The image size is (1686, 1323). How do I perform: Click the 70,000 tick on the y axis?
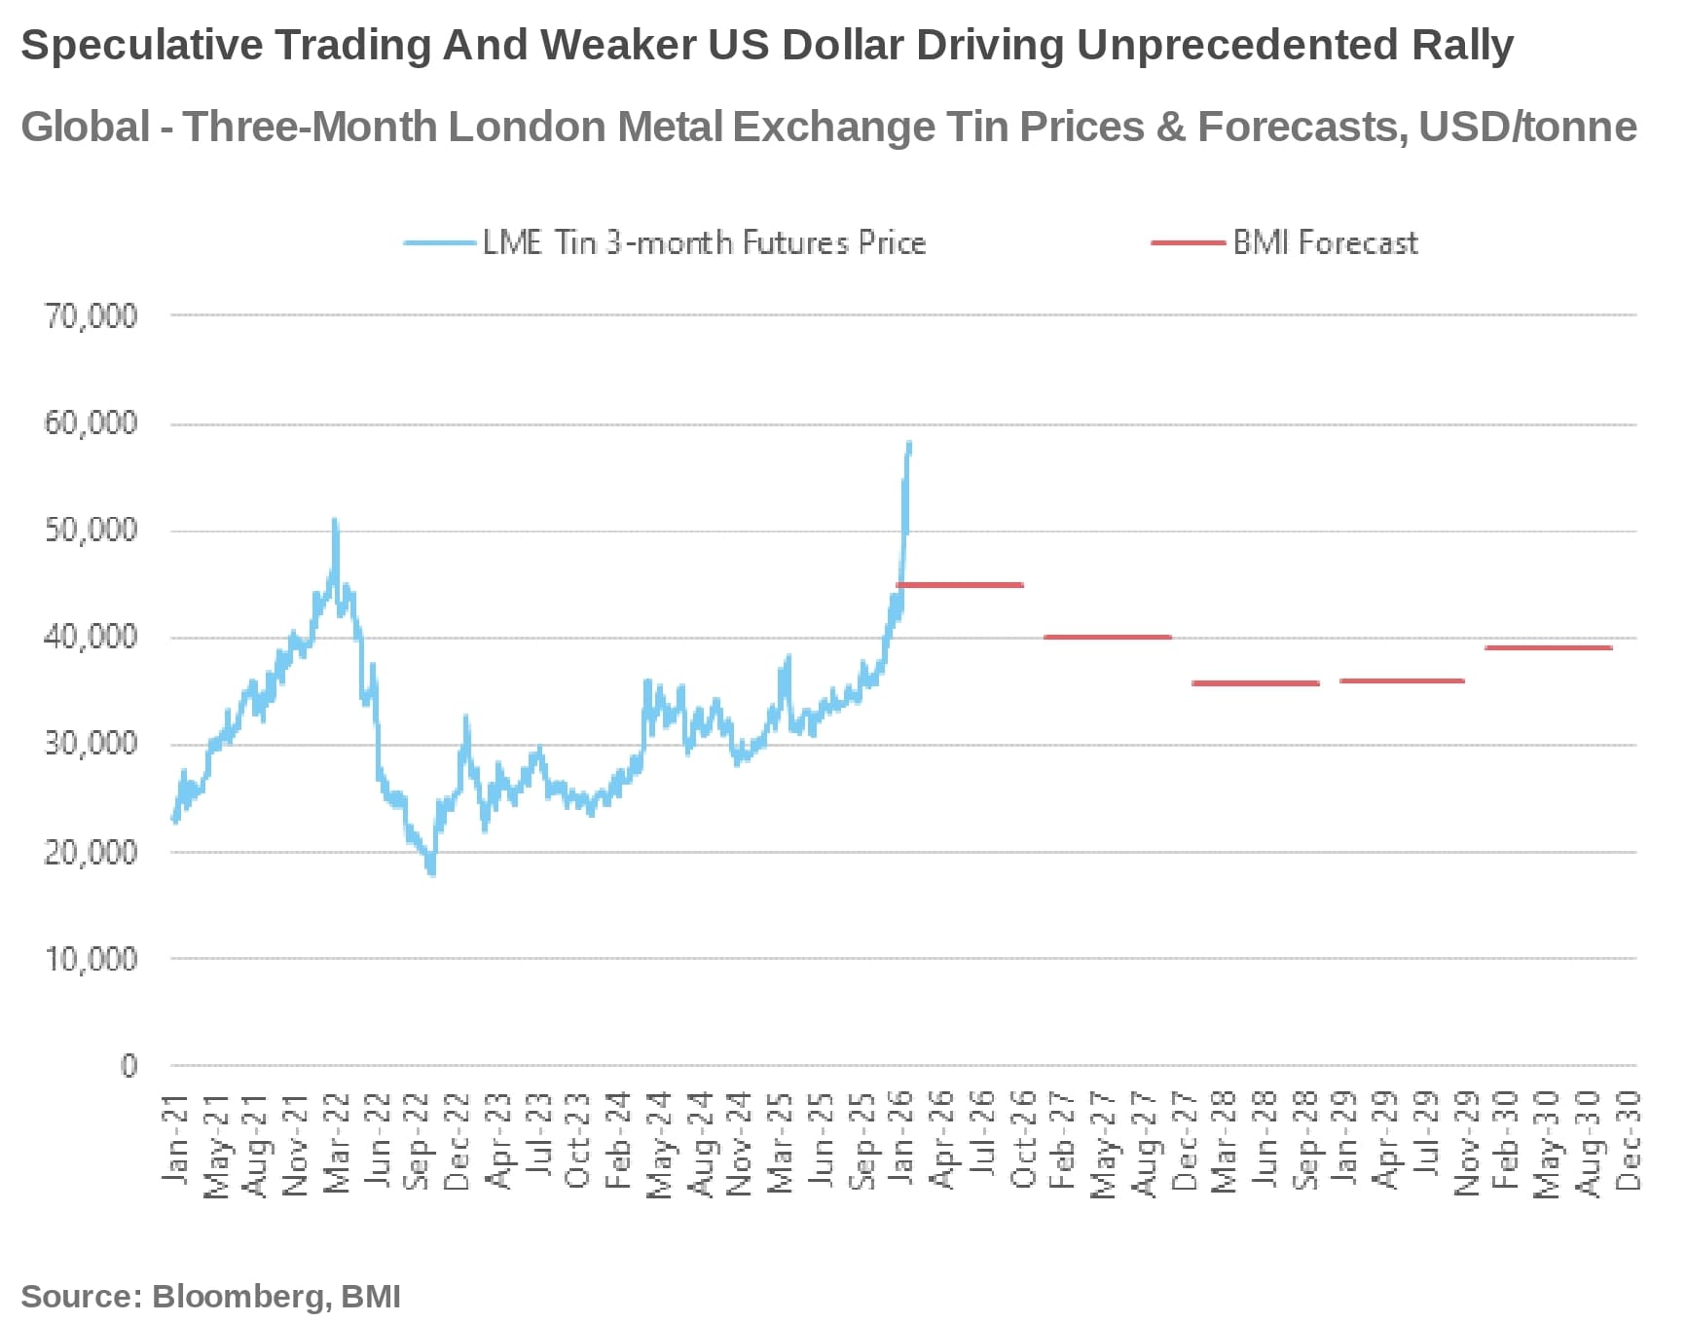91,315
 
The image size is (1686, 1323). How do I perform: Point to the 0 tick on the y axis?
128,1066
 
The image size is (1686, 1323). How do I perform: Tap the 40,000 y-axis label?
91,638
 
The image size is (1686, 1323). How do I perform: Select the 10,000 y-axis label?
91,959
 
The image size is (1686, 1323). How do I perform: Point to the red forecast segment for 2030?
1548,647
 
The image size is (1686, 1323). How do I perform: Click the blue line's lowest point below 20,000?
431,872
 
